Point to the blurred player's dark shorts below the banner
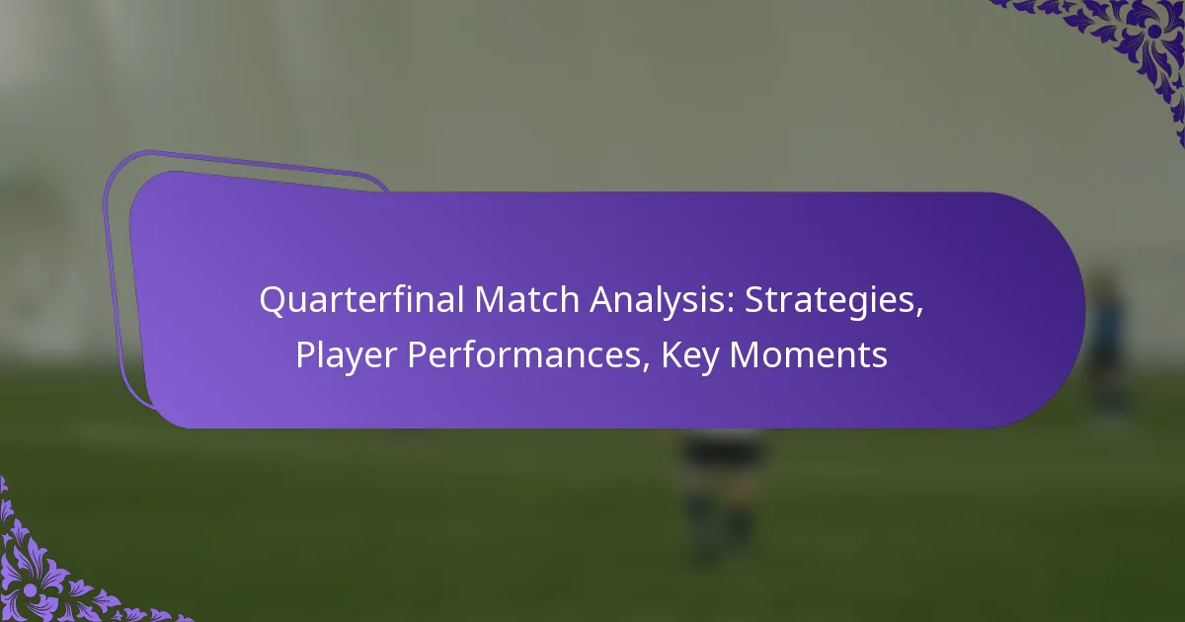[x=722, y=450]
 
